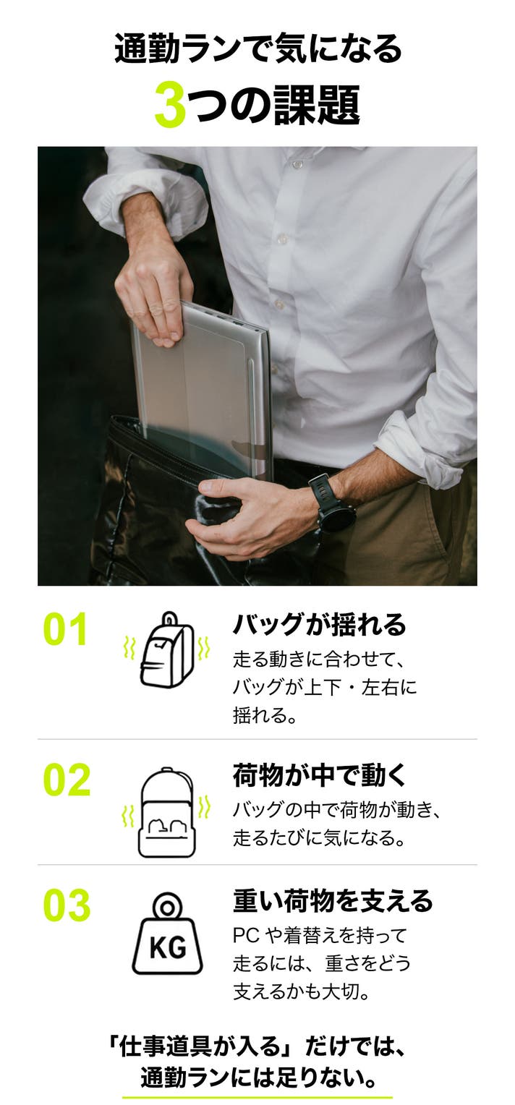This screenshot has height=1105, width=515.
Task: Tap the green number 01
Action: [x=66, y=629]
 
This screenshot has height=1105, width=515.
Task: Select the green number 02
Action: [x=67, y=780]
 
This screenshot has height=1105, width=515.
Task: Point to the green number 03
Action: [x=67, y=905]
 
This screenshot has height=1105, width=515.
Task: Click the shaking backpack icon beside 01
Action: [x=167, y=649]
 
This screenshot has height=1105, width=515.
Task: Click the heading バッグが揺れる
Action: [x=319, y=624]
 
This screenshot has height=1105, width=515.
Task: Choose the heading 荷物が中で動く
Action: [x=319, y=775]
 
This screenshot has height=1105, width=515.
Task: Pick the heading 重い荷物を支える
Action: [x=333, y=900]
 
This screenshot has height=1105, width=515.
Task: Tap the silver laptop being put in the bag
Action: [x=203, y=390]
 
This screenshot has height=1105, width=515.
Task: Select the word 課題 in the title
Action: [x=318, y=105]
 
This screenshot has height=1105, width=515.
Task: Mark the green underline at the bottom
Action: [x=257, y=1097]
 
